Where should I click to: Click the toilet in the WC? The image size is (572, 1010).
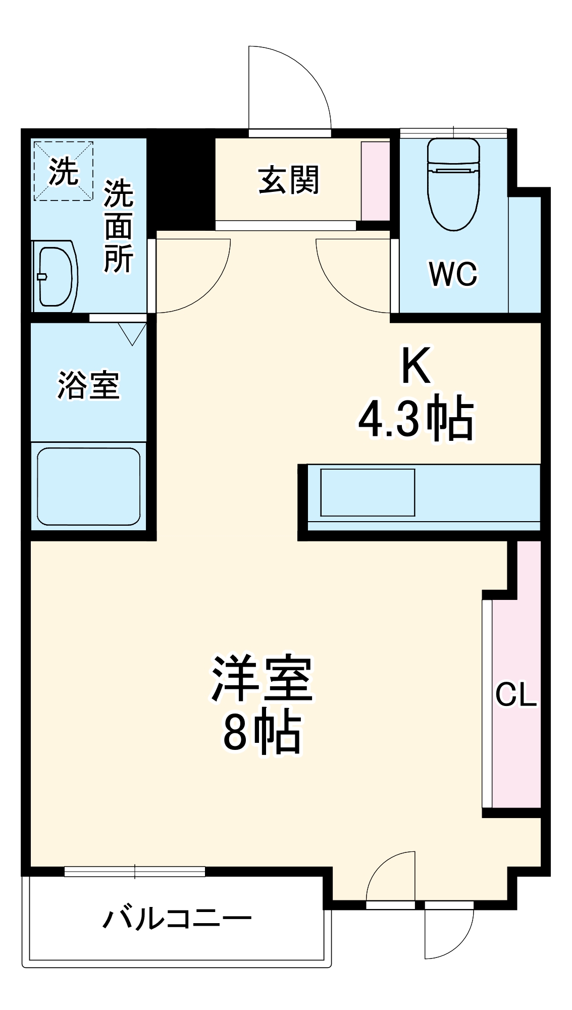coord(453,184)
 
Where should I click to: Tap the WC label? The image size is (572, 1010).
coord(453,274)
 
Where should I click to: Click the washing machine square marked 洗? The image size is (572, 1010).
coord(64,171)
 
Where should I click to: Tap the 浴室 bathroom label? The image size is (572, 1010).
coord(88,385)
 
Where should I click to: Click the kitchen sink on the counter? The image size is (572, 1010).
coord(368,492)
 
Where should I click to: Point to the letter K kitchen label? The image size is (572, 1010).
coord(416,365)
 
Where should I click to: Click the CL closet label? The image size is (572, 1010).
coord(515,694)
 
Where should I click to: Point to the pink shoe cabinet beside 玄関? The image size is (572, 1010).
coord(375,181)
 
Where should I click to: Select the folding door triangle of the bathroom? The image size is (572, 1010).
coord(132,333)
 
